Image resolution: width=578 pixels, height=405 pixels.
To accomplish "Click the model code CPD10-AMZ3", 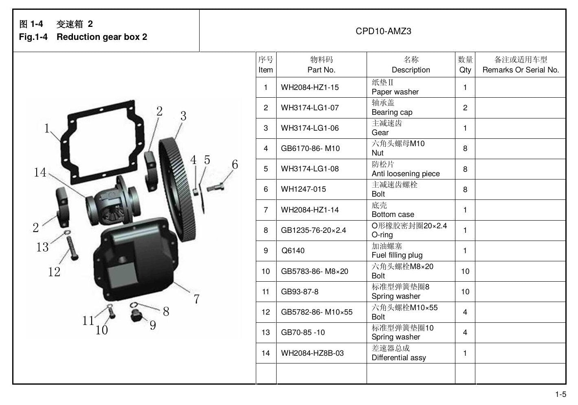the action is pyautogui.click(x=383, y=31).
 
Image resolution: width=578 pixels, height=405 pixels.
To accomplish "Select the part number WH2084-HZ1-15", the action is pyautogui.click(x=310, y=88).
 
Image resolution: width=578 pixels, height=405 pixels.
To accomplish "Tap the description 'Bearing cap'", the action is pyautogui.click(x=392, y=112).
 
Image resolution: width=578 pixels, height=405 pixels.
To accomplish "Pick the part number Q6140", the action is pyautogui.click(x=292, y=251).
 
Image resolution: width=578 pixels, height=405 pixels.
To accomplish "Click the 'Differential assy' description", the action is pyautogui.click(x=399, y=357).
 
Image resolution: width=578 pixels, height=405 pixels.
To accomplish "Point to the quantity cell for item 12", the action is pyautogui.click(x=465, y=312).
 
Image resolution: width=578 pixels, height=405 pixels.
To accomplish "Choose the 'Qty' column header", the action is pyautogui.click(x=465, y=70).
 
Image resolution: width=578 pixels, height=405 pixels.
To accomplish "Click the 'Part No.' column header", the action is pyautogui.click(x=321, y=70).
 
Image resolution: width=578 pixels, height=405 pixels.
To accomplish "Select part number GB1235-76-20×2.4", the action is pyautogui.click(x=313, y=230).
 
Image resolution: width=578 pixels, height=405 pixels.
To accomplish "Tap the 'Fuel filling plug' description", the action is pyautogui.click(x=397, y=255).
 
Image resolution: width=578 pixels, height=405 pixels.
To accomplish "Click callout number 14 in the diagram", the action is pyautogui.click(x=40, y=172).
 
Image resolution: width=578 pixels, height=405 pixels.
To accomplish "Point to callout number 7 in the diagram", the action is pyautogui.click(x=197, y=299).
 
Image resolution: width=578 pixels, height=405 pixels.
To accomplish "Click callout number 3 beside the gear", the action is pyautogui.click(x=183, y=116).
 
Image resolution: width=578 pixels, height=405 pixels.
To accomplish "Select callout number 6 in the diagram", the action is pyautogui.click(x=235, y=164).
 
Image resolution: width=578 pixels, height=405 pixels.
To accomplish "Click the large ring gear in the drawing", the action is pyautogui.click(x=177, y=190).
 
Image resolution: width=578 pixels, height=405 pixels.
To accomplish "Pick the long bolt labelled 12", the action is pyautogui.click(x=73, y=248).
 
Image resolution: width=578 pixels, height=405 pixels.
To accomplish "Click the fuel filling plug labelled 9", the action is pyautogui.click(x=136, y=316).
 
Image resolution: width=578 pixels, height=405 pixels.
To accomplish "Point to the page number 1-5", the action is pyautogui.click(x=561, y=394).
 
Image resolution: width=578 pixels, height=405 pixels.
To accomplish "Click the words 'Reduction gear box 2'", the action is pyautogui.click(x=102, y=37).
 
